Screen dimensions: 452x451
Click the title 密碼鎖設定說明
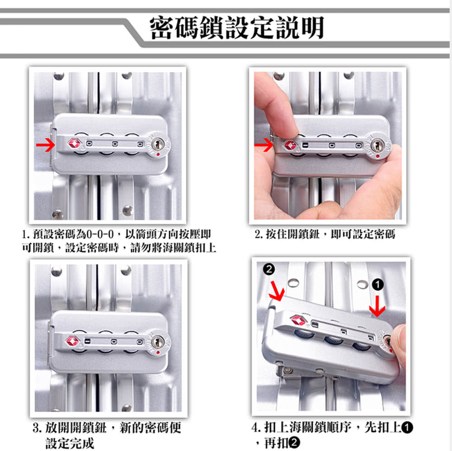click(x=237, y=28)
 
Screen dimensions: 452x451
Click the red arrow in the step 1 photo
click(x=46, y=145)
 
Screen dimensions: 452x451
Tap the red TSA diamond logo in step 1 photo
click(x=75, y=143)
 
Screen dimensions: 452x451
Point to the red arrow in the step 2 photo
click(x=264, y=145)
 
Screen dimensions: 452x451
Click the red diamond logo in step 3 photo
click(x=73, y=342)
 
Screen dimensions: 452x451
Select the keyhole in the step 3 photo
click(x=157, y=342)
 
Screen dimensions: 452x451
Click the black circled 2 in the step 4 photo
click(x=269, y=269)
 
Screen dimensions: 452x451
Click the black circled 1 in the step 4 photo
click(x=377, y=285)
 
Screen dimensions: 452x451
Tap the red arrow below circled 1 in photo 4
click(x=377, y=306)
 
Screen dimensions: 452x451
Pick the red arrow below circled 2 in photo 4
click(x=277, y=291)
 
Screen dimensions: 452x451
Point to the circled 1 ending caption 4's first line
click(x=407, y=427)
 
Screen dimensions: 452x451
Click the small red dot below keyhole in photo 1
click(x=158, y=154)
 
